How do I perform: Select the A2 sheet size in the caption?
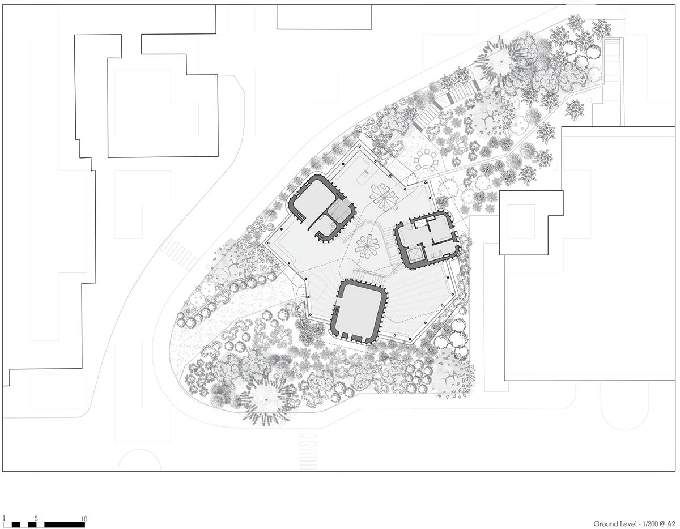click(670, 524)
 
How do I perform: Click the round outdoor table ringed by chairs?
click(426, 160)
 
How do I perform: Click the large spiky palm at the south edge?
click(264, 400)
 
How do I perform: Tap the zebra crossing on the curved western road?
click(180, 253)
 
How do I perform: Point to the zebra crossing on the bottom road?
click(308, 450)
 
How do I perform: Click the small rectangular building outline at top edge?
click(324, 17)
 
